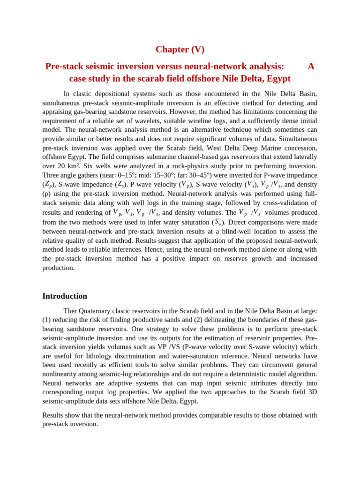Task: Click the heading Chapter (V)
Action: (x=180, y=49)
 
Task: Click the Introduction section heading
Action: (x=65, y=296)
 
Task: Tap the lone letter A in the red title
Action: (x=311, y=66)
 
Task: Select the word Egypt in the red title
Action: (x=277, y=78)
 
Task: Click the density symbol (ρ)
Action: (x=46, y=194)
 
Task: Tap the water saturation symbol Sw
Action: (x=219, y=222)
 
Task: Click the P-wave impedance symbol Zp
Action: (x=48, y=184)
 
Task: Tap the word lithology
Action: (x=142, y=356)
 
